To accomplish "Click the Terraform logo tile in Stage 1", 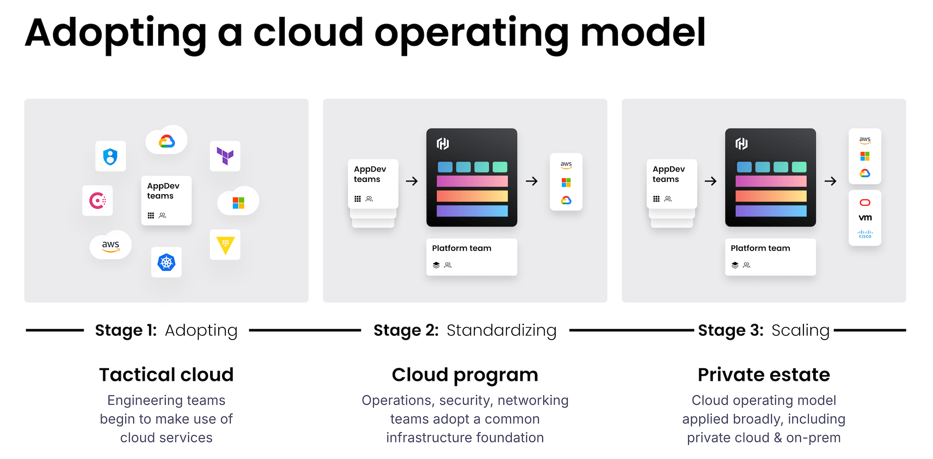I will pyautogui.click(x=225, y=156).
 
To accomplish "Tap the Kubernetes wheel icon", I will pyautogui.click(x=166, y=262).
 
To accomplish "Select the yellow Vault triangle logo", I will pyautogui.click(x=225, y=245).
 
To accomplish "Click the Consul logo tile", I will pyautogui.click(x=97, y=200).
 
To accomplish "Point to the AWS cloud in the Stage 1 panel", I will pyautogui.click(x=110, y=245).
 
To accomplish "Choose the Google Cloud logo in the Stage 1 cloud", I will pyautogui.click(x=166, y=141).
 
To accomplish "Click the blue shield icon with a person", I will pyautogui.click(x=110, y=156).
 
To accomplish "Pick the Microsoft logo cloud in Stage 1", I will pyautogui.click(x=238, y=203).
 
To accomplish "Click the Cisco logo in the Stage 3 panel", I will pyautogui.click(x=865, y=234).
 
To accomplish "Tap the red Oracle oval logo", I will pyautogui.click(x=865, y=203).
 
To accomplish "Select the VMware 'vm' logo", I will pyautogui.click(x=865, y=218).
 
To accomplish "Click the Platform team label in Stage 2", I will pyautogui.click(x=461, y=248).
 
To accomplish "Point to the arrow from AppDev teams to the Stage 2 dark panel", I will pyautogui.click(x=412, y=181).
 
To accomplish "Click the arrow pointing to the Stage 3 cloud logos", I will pyautogui.click(x=830, y=181).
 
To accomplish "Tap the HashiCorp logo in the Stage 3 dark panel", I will pyautogui.click(x=741, y=144).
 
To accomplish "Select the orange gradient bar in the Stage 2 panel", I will pyautogui.click(x=472, y=196).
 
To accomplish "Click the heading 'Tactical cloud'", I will pyautogui.click(x=166, y=375).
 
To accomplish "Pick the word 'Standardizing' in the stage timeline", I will pyautogui.click(x=501, y=330).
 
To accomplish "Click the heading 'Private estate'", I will pyautogui.click(x=764, y=375).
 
